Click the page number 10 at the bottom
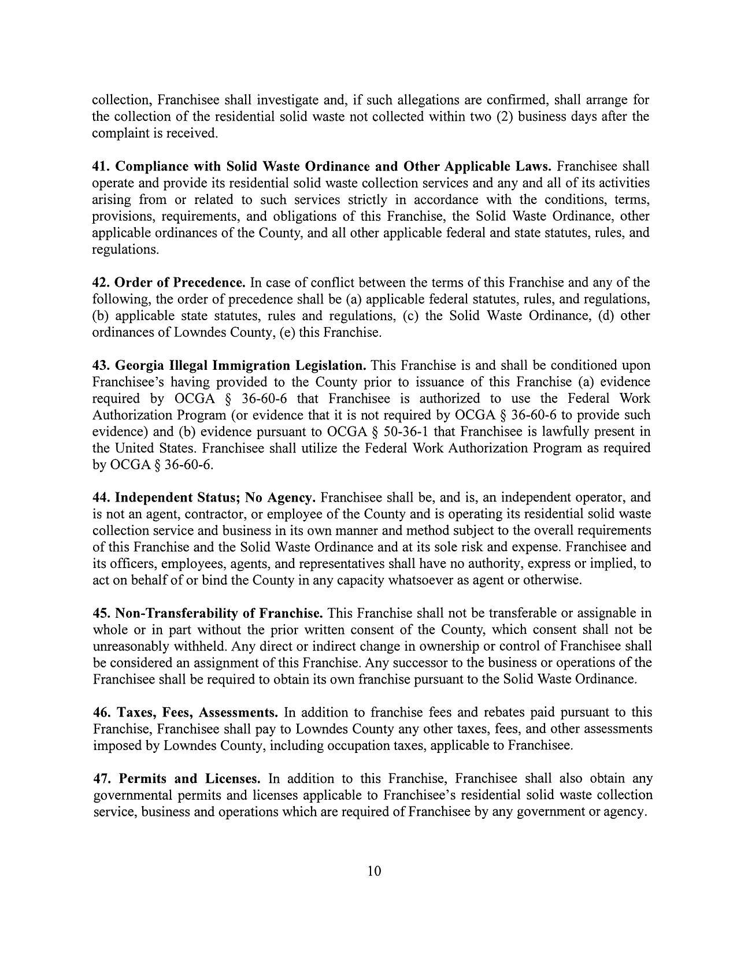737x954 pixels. pos(374,871)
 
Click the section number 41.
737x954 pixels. pos(101,166)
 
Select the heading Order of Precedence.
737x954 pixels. pos(180,283)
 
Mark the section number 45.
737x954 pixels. pos(101,613)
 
